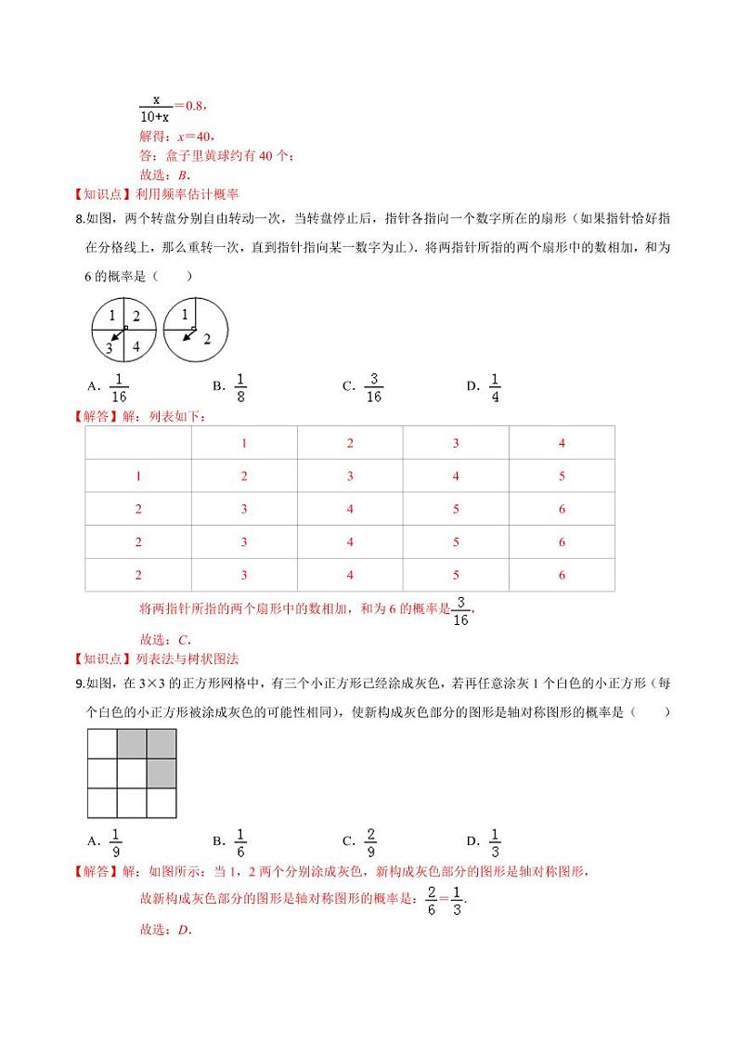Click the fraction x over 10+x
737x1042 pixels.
(x=154, y=108)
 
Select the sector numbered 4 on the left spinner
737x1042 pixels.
(x=136, y=346)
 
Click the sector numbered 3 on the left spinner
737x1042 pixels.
(x=110, y=348)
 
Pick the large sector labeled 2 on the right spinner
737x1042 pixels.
(x=204, y=338)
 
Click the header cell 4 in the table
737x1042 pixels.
(x=562, y=443)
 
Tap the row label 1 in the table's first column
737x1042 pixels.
(x=138, y=476)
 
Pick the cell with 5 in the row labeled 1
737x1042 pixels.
(x=562, y=476)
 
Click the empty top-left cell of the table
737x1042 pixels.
(x=138, y=443)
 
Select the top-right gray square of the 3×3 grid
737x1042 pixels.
(x=162, y=744)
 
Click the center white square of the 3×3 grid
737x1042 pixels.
(x=132, y=773)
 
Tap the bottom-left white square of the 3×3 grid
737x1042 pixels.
(x=102, y=802)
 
